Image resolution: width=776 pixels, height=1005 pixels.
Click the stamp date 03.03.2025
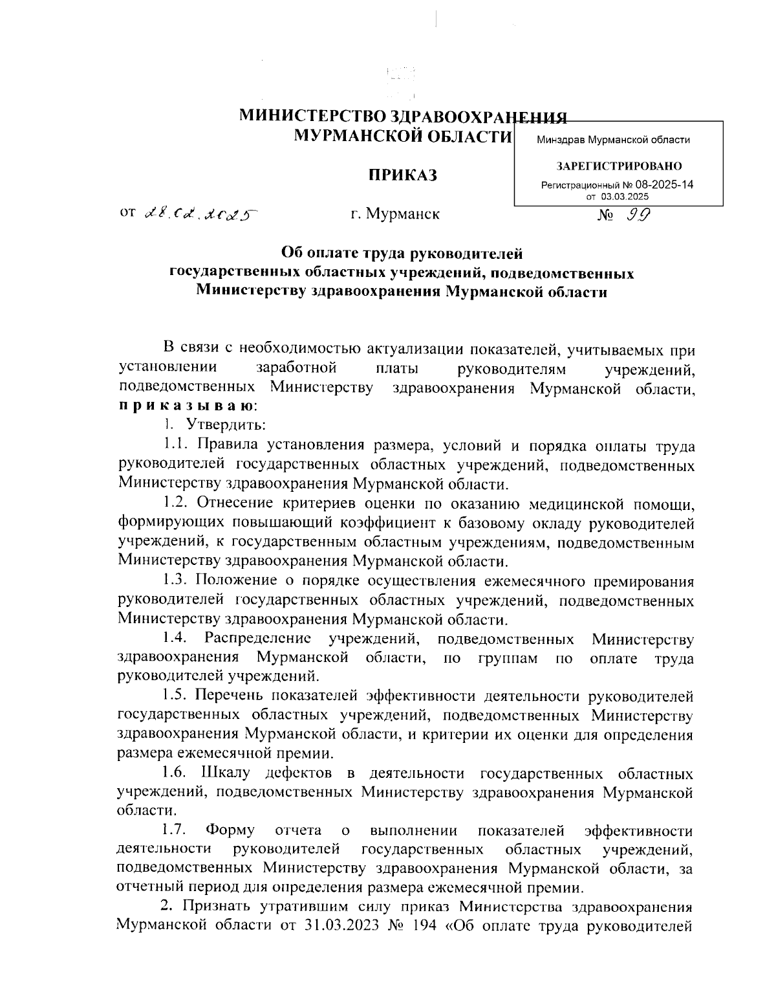point(625,196)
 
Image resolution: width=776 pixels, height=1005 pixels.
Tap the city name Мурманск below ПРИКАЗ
point(402,214)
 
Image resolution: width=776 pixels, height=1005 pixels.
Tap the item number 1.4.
point(175,639)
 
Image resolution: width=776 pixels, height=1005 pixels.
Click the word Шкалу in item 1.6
point(224,773)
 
